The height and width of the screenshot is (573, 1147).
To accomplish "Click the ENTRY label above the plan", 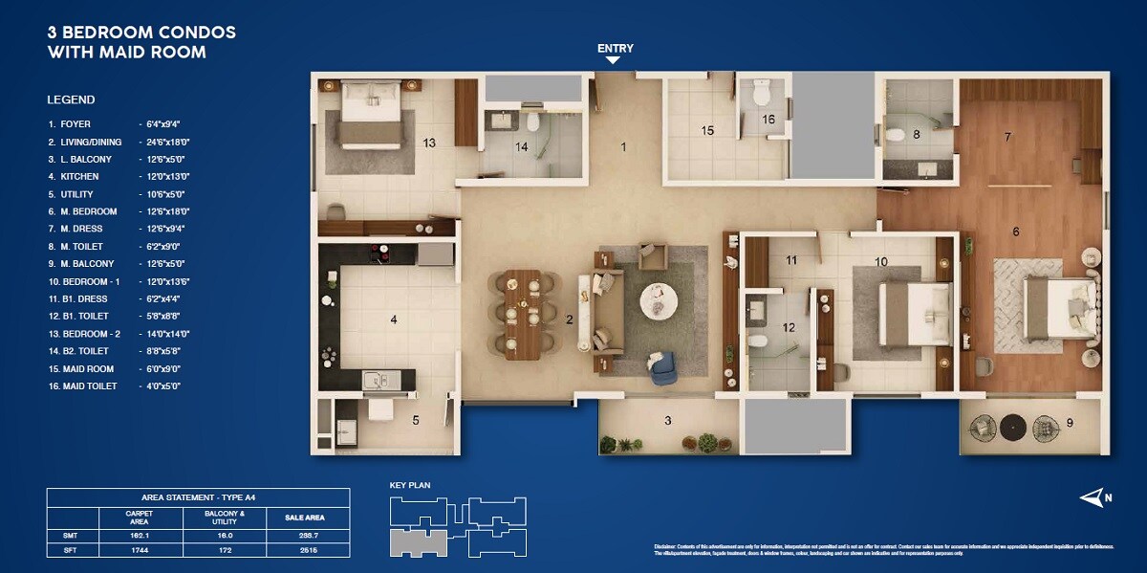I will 615,48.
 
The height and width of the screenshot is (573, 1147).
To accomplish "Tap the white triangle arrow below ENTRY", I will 614,60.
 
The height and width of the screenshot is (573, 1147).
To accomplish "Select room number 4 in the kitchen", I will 393,320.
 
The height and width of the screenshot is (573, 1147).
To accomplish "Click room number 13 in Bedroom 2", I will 429,143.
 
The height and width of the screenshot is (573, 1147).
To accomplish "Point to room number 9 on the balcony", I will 1070,422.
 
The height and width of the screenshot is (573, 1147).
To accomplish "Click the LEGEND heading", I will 71,99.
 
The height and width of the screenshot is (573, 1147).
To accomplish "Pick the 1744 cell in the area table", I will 139,549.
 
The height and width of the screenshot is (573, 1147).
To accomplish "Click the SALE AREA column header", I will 305,518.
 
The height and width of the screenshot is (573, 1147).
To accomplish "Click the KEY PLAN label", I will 410,485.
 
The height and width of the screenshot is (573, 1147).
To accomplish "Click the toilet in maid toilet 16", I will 762,95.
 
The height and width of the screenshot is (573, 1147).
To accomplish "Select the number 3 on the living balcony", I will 667,420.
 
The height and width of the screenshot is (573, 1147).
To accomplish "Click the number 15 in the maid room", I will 707,130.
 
